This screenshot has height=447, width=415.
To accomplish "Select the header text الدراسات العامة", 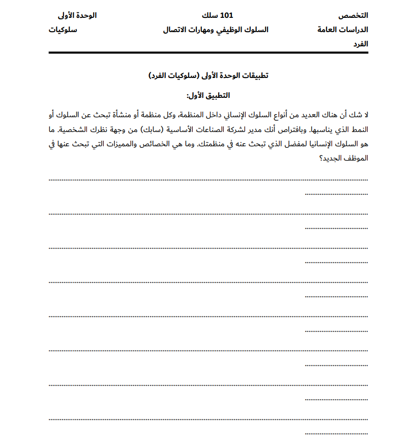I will tap(343, 30).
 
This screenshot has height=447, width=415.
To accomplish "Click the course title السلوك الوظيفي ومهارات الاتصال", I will tap(216, 30).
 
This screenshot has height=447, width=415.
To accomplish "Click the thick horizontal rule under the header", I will tap(208, 52).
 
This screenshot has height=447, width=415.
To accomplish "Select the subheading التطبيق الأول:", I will tap(209, 95).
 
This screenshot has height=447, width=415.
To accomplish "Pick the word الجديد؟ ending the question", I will tap(330, 158).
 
